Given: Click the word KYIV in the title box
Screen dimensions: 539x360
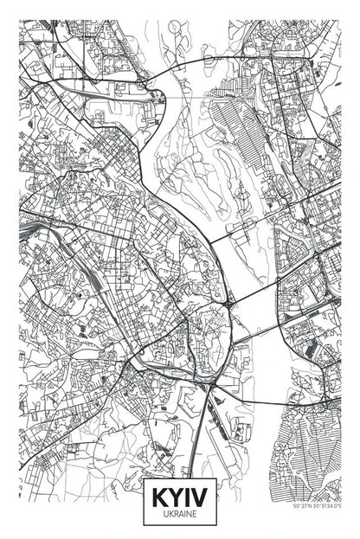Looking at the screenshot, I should [179, 499].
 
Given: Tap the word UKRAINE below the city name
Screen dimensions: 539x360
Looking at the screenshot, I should [179, 515].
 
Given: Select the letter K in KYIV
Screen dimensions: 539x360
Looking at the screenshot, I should [159, 499].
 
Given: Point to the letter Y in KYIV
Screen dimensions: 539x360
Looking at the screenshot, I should [175, 499].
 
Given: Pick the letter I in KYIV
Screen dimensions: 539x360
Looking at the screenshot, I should [187, 499].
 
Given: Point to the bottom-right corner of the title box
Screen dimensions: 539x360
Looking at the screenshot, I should [215, 524].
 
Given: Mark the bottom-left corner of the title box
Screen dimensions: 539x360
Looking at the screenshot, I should [144, 524].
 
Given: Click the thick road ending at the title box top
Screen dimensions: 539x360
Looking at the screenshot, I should [196, 450].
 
